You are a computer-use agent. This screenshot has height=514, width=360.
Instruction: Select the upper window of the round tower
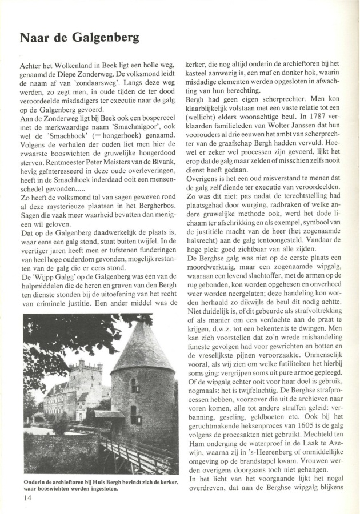point(135,385)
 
